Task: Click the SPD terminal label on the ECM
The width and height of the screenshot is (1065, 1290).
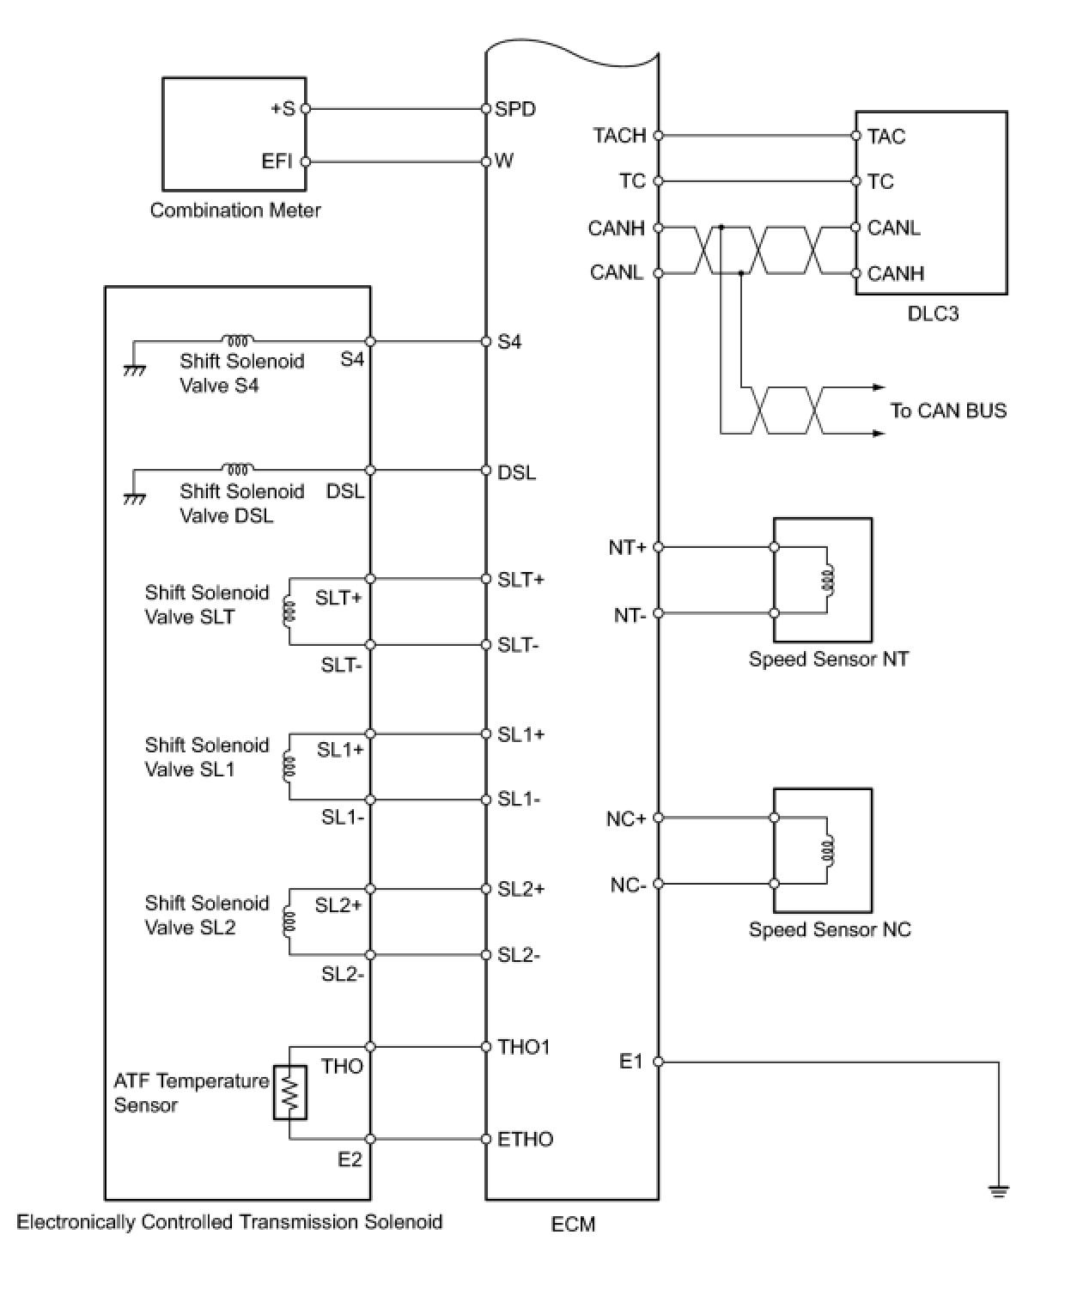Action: [x=515, y=109]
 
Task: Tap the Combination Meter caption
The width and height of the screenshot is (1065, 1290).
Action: [x=235, y=210]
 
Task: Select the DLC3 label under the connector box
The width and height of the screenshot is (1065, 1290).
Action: [x=933, y=313]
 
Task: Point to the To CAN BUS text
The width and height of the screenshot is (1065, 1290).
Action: [x=948, y=411]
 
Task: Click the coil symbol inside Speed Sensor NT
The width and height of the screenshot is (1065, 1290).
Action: [x=828, y=581]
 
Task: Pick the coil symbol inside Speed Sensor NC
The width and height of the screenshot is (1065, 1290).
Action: [x=828, y=851]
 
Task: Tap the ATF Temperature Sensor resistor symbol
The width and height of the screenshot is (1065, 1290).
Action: [x=290, y=1092]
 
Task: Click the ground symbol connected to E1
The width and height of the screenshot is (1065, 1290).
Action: [x=998, y=1190]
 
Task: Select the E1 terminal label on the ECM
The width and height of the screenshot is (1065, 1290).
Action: [x=631, y=1062]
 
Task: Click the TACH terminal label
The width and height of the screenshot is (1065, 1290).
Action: [x=619, y=135]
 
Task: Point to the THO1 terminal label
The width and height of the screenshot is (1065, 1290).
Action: [x=524, y=1047]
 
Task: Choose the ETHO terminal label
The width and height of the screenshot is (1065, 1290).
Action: [x=526, y=1140]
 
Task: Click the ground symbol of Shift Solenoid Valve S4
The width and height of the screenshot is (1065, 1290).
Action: [x=133, y=369]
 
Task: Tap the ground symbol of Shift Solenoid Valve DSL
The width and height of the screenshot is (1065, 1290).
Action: [x=133, y=499]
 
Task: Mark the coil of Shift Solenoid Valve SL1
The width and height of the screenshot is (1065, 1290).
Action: [x=289, y=767]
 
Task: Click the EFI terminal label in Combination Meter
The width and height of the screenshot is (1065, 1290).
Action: [x=277, y=161]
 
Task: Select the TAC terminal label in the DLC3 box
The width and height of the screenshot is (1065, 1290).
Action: [x=885, y=136]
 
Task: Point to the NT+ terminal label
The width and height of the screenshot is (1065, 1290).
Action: [x=627, y=547]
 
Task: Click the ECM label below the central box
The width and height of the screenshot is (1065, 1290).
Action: [x=573, y=1224]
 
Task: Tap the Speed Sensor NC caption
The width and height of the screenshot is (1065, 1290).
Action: [x=830, y=929]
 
